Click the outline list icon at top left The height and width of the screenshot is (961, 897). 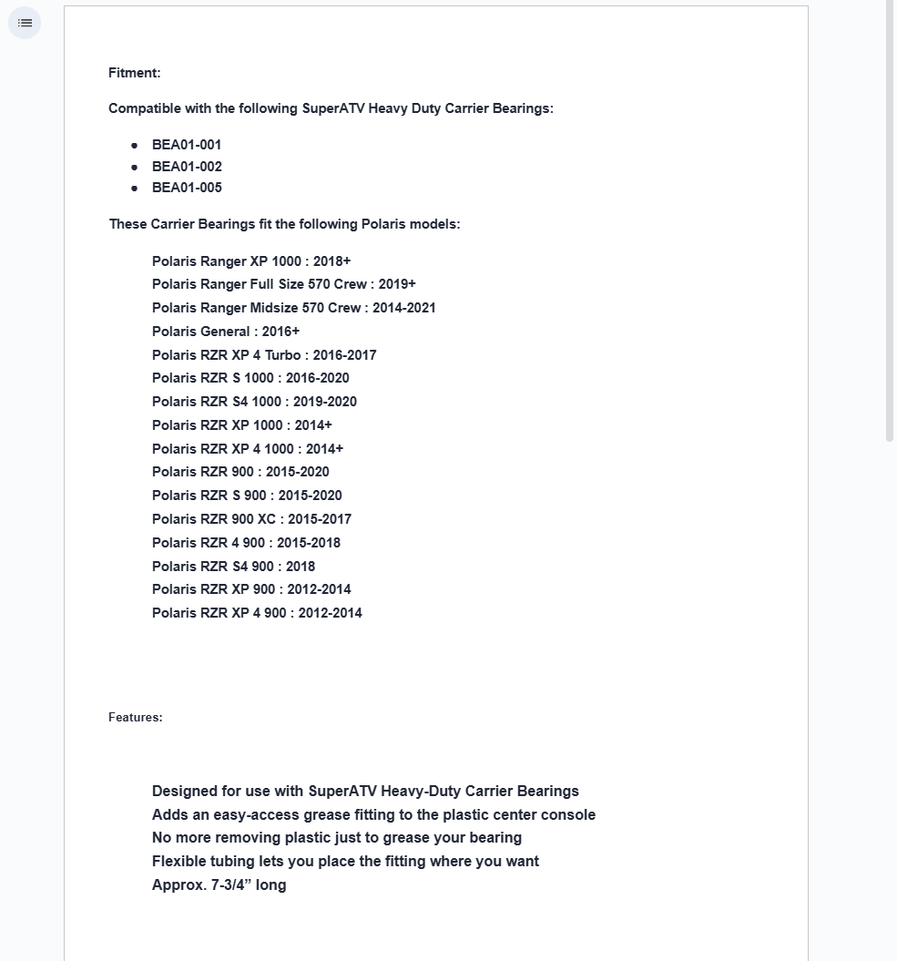[25, 23]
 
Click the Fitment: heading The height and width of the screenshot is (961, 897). [134, 73]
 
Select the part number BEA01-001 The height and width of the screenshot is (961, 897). [187, 145]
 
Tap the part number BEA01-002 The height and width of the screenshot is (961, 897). [187, 167]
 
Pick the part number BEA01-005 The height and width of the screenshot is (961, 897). [187, 188]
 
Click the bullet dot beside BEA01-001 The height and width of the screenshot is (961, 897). [134, 145]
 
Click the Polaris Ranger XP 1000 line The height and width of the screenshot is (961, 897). [250, 261]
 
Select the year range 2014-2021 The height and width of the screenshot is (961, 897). [403, 308]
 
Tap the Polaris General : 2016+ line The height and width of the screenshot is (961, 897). [225, 332]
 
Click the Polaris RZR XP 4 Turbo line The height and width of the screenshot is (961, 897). [263, 355]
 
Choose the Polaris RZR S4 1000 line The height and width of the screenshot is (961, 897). [254, 402]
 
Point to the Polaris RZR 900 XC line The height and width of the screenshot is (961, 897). [251, 519]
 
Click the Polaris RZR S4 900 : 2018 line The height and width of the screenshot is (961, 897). [233, 567]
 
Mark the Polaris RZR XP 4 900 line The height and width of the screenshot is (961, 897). [257, 613]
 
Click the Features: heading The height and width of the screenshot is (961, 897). [135, 718]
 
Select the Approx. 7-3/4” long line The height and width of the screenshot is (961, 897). [219, 884]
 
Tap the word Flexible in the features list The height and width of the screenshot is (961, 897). [179, 861]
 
